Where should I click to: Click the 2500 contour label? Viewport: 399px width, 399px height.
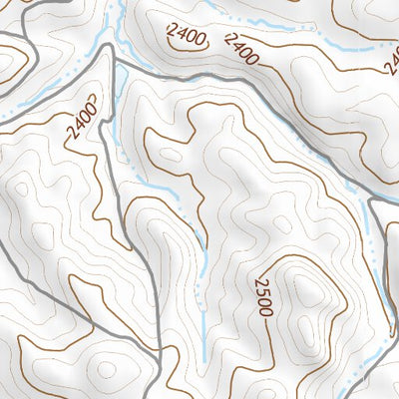click(262, 296)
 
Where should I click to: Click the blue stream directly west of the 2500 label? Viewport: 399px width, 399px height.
click(202, 299)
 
